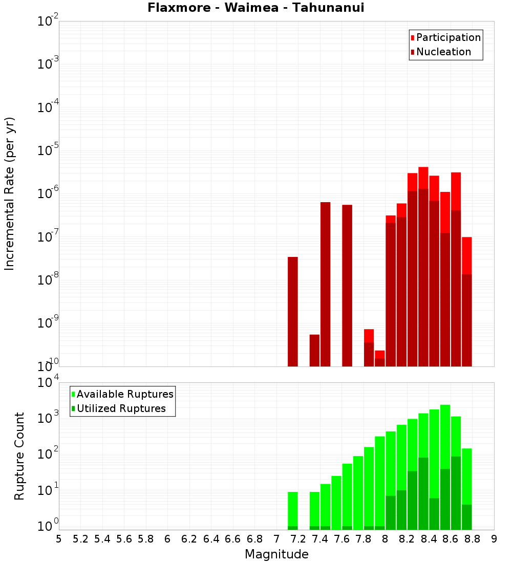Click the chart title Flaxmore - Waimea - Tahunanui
point(255,8)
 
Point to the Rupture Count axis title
point(19,456)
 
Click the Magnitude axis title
point(276,554)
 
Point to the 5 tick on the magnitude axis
point(59,539)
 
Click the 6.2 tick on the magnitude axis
point(189,539)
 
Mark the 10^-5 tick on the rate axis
point(48,150)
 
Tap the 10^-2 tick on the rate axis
point(48,21)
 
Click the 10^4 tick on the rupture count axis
point(48,383)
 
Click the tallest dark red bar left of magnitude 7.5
point(325,284)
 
